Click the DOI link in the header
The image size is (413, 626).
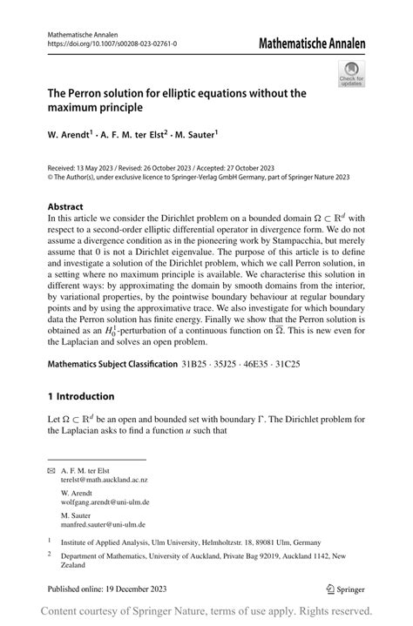(111, 43)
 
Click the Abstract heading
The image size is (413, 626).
(66, 207)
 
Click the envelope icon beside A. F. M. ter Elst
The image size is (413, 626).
(51, 470)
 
